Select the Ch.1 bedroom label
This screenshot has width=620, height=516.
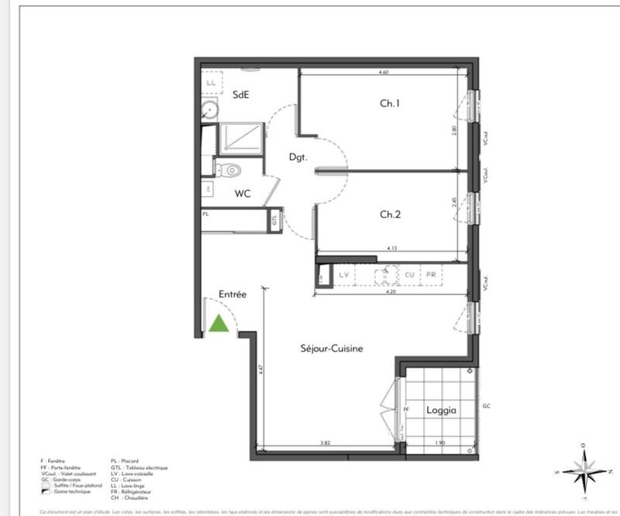coord(389,103)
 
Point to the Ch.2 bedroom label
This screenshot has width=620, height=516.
coord(389,214)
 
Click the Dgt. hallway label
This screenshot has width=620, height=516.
coord(298,157)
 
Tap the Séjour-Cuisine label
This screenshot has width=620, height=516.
coord(332,349)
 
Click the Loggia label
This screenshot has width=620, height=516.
coord(441,411)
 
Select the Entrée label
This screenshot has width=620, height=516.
coord(232,294)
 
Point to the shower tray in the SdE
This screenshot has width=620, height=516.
coord(243,139)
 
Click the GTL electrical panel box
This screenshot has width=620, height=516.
coord(275,220)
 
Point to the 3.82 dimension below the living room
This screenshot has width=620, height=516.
coord(325,443)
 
